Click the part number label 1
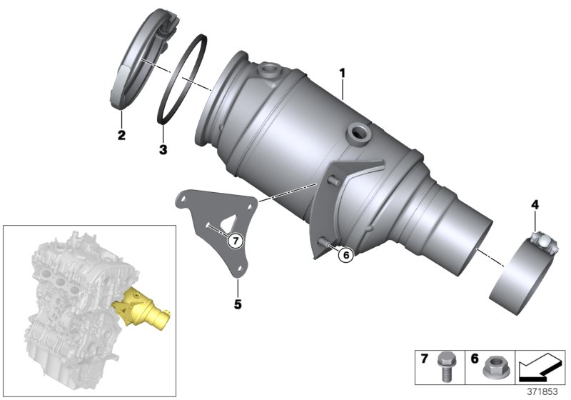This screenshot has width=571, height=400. [x=342, y=74]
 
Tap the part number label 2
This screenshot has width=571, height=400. [x=121, y=135]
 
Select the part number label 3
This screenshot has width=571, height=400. [x=163, y=150]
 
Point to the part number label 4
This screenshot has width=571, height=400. [x=534, y=206]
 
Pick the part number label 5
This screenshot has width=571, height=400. [x=238, y=304]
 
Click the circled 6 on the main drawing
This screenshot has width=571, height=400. [x=345, y=254]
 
